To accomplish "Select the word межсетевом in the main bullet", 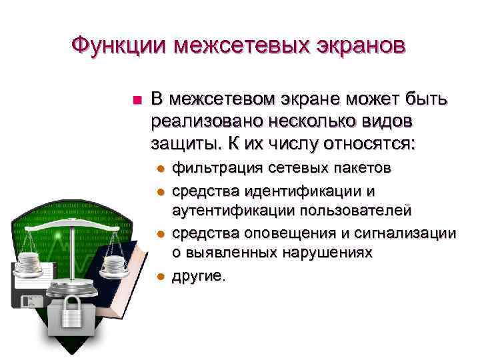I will click(x=223, y=100).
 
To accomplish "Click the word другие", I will click(x=197, y=276).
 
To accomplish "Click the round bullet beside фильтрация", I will click(x=159, y=168).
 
